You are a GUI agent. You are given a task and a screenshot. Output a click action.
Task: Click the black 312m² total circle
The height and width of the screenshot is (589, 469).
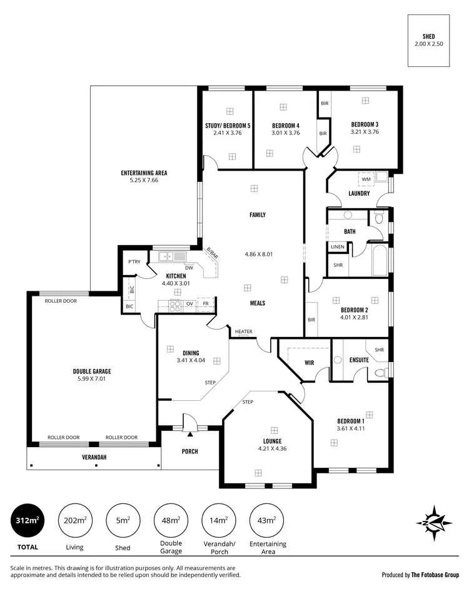click(x=29, y=521)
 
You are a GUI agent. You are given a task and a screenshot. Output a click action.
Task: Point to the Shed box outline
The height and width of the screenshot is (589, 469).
click(x=428, y=41)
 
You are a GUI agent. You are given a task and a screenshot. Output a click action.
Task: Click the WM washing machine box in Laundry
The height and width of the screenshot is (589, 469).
click(x=366, y=179)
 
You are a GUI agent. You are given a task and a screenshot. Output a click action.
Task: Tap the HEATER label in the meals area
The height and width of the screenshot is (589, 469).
click(x=244, y=331)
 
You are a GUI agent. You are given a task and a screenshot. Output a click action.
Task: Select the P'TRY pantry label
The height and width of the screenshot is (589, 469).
click(x=134, y=262)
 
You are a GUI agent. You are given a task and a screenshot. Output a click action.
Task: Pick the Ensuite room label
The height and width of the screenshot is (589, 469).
click(x=359, y=360)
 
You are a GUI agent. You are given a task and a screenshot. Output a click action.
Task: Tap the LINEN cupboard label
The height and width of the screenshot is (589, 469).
click(x=337, y=248)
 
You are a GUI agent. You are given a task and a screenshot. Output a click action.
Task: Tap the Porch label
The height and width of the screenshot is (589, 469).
click(x=190, y=451)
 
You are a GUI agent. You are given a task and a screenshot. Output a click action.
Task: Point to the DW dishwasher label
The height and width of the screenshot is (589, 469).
click(x=188, y=268)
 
